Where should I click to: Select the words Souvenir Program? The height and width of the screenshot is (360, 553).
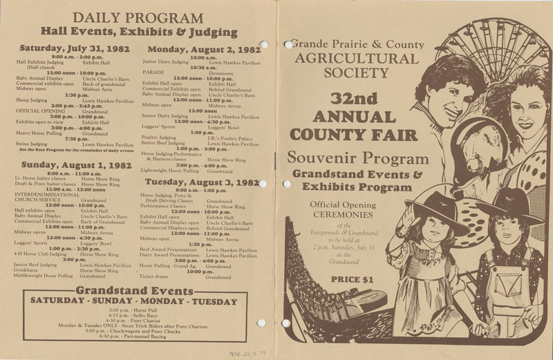pos(352,158)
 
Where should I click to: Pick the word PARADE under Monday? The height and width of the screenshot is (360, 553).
pos(153,71)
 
